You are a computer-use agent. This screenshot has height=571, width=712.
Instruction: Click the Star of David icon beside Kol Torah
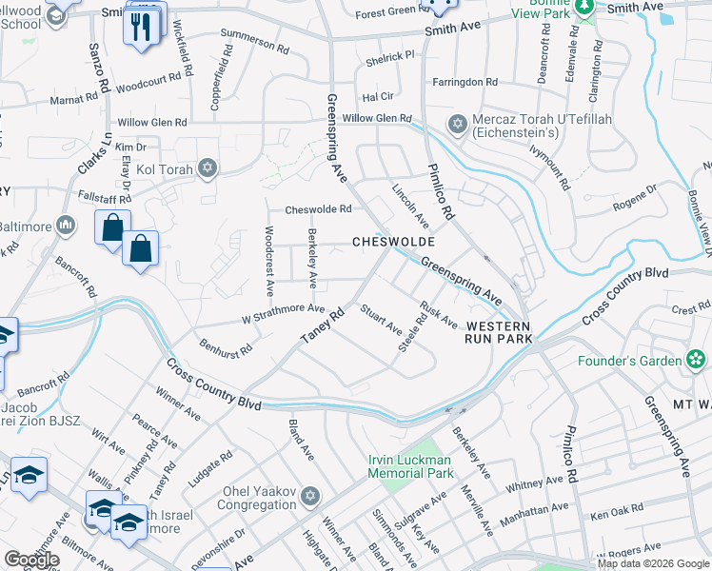click(x=208, y=169)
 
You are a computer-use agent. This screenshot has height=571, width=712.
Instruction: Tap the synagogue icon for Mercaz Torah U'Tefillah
click(x=457, y=125)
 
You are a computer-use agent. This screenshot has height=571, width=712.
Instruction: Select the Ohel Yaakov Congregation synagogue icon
click(x=308, y=497)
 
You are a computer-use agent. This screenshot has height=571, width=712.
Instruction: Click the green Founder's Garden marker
click(x=697, y=360)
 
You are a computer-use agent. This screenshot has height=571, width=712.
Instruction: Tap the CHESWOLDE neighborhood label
click(x=386, y=242)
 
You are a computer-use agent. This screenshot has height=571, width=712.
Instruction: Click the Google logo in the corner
click(x=31, y=560)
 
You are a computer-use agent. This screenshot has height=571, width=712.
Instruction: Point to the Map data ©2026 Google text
click(x=653, y=563)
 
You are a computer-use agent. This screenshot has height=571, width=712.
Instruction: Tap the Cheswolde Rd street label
click(x=319, y=209)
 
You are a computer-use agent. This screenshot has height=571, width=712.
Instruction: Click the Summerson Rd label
click(x=253, y=39)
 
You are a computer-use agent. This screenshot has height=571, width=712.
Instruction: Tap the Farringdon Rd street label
click(x=465, y=83)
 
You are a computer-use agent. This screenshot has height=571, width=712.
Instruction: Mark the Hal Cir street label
click(x=377, y=96)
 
